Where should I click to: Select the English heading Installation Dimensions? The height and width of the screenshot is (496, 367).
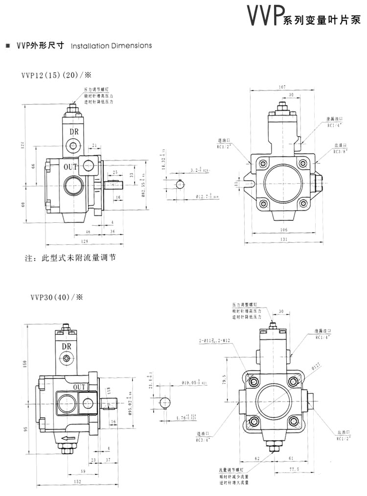point(112,46)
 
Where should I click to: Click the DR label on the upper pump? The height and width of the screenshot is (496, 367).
point(74,131)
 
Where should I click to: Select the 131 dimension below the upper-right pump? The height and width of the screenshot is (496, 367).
point(283,239)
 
